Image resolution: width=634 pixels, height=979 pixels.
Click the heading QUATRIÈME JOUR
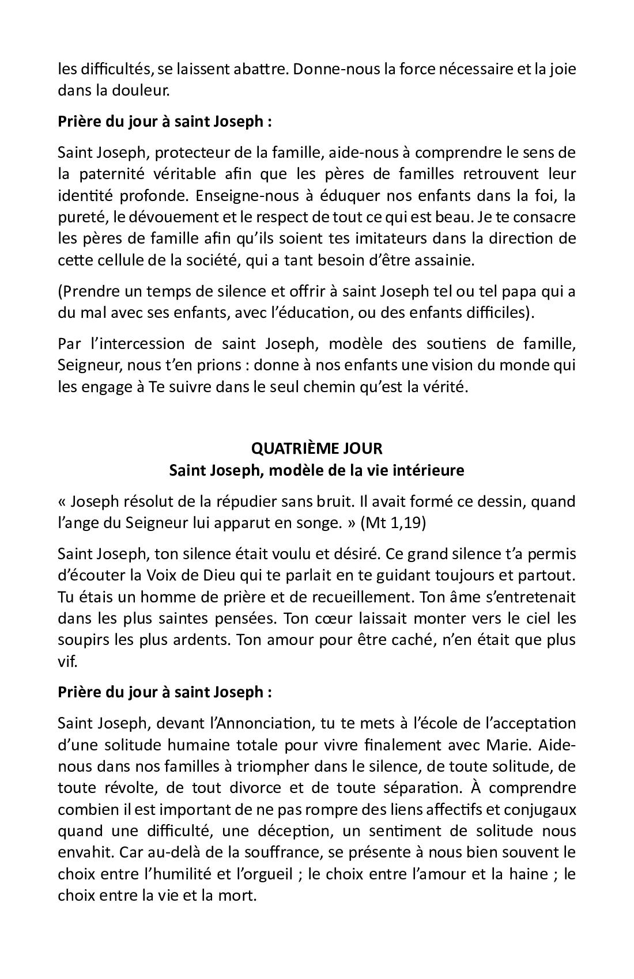pyautogui.click(x=317, y=448)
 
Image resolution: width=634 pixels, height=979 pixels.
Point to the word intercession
pyautogui.click(x=135, y=344)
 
